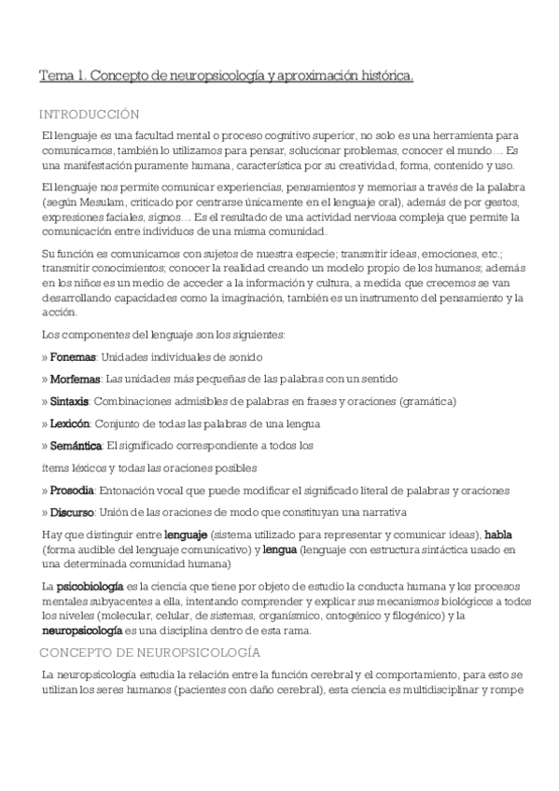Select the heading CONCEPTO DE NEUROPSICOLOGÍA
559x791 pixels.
point(150,651)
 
